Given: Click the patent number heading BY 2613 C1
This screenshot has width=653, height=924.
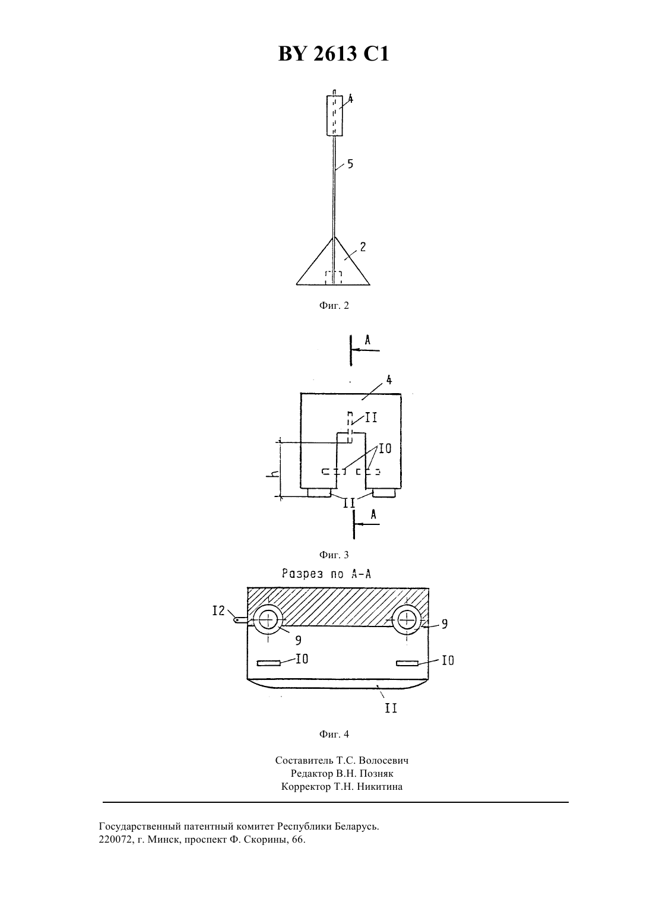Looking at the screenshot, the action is point(334,53).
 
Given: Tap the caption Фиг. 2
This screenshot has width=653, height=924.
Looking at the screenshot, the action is point(334,306).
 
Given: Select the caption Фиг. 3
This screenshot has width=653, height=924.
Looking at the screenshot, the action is point(334,555).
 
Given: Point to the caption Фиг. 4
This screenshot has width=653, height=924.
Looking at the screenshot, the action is point(334,734).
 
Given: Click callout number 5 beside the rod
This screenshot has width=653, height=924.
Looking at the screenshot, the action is point(350,164).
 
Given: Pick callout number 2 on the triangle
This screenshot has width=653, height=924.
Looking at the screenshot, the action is point(362,247).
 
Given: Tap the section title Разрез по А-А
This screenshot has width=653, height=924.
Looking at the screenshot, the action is point(326,574).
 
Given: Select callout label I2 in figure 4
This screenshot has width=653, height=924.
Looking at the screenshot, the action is point(218,610).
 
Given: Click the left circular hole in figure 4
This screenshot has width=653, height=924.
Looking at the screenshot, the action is point(268,619).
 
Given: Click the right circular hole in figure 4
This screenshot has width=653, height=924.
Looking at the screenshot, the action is point(407,619).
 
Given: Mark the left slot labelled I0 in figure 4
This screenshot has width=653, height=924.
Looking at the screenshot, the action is point(268,663).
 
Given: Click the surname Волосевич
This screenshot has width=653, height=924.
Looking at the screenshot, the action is point(384,760).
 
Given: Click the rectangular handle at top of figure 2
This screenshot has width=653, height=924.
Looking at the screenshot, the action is point(334,115).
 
